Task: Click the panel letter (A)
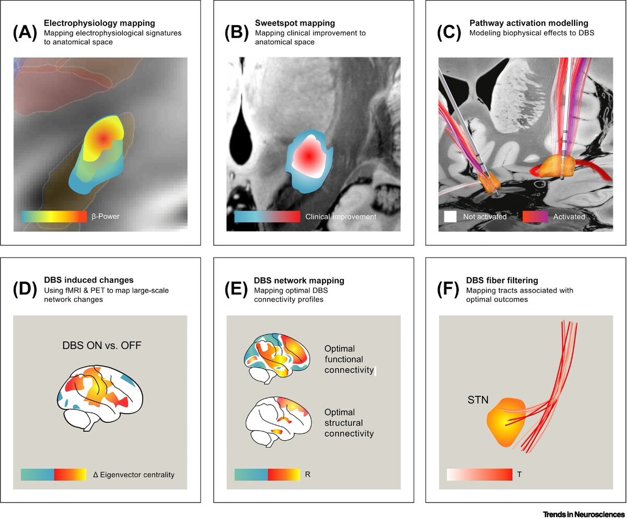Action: [25, 33]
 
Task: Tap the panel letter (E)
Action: [236, 290]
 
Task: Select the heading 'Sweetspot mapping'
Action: [295, 23]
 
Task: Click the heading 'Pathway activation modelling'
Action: [529, 23]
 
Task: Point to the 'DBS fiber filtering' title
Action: [502, 280]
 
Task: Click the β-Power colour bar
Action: [54, 217]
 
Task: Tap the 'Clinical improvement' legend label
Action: [341, 217]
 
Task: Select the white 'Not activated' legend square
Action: [450, 217]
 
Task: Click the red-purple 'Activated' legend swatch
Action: [535, 217]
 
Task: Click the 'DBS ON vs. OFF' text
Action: [102, 345]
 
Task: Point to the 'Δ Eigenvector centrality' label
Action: [134, 475]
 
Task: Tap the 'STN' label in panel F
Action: [478, 400]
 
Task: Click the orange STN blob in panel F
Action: [506, 423]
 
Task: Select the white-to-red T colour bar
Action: [480, 475]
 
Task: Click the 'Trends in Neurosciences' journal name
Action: [584, 514]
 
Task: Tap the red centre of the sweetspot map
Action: [309, 156]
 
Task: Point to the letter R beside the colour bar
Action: [308, 475]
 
